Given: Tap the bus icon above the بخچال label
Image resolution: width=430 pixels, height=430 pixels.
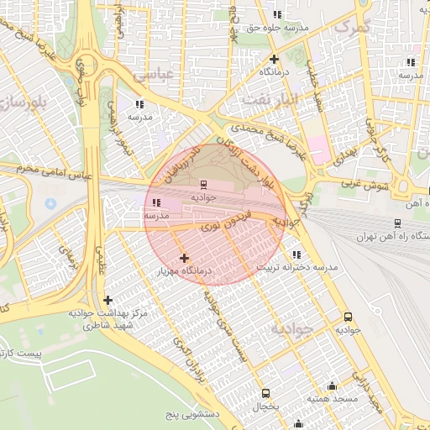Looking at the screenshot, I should [x=266, y=393].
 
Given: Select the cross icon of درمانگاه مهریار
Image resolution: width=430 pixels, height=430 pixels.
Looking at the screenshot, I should [x=185, y=258].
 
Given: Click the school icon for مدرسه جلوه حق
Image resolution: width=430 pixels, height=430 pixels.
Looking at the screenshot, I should [x=277, y=14].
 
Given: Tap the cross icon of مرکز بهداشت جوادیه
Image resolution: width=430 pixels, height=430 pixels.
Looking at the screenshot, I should [x=107, y=300].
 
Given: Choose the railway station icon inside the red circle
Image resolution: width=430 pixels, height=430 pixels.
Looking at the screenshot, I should [x=203, y=184].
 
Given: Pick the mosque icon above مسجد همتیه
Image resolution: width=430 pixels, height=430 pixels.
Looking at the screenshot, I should [x=333, y=386].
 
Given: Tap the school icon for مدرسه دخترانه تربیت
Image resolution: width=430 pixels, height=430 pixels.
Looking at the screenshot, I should [x=296, y=254].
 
